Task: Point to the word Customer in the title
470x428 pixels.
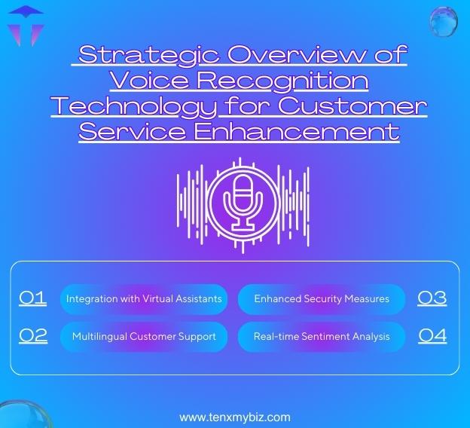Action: pos(352,106)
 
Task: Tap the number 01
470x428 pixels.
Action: pos(32,298)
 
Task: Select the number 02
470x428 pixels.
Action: pos(32,336)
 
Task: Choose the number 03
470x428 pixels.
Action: pos(432,298)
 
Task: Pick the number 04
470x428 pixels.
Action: pos(432,336)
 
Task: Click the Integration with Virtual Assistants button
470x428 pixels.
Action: pos(144,299)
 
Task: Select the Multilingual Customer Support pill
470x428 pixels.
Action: pos(144,337)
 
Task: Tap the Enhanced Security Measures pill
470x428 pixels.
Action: pos(322,299)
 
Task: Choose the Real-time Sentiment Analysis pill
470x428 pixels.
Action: pos(322,337)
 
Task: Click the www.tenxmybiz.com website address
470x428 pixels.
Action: pos(234,417)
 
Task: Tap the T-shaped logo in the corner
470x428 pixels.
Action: pos(24,25)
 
